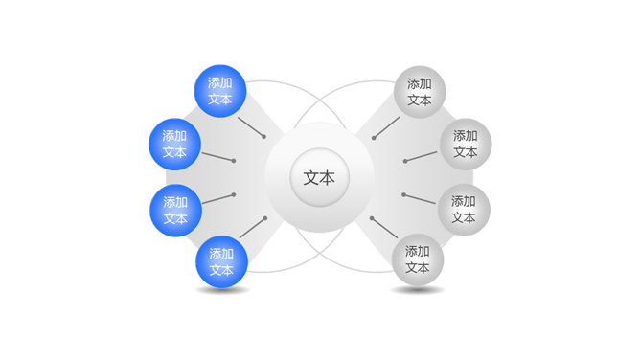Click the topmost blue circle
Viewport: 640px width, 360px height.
[220, 91]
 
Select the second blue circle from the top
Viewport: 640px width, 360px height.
[174, 144]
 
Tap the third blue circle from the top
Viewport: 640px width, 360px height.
[175, 211]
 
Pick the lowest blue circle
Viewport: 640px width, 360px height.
[221, 262]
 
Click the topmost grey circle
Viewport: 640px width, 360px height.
[419, 91]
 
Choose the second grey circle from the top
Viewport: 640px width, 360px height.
[465, 144]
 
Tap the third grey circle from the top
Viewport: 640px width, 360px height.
[464, 210]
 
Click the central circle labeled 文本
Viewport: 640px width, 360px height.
[319, 178]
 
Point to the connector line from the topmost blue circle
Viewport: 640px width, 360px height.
[252, 128]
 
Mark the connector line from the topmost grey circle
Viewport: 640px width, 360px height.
[387, 128]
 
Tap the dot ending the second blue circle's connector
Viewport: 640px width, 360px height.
[234, 160]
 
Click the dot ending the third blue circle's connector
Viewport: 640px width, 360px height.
[233, 194]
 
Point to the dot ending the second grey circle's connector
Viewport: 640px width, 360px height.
[405, 160]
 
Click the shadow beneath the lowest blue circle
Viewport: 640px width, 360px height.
[222, 290]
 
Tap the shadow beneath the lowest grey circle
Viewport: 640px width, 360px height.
[418, 289]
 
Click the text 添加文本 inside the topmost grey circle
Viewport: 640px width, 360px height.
[419, 91]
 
